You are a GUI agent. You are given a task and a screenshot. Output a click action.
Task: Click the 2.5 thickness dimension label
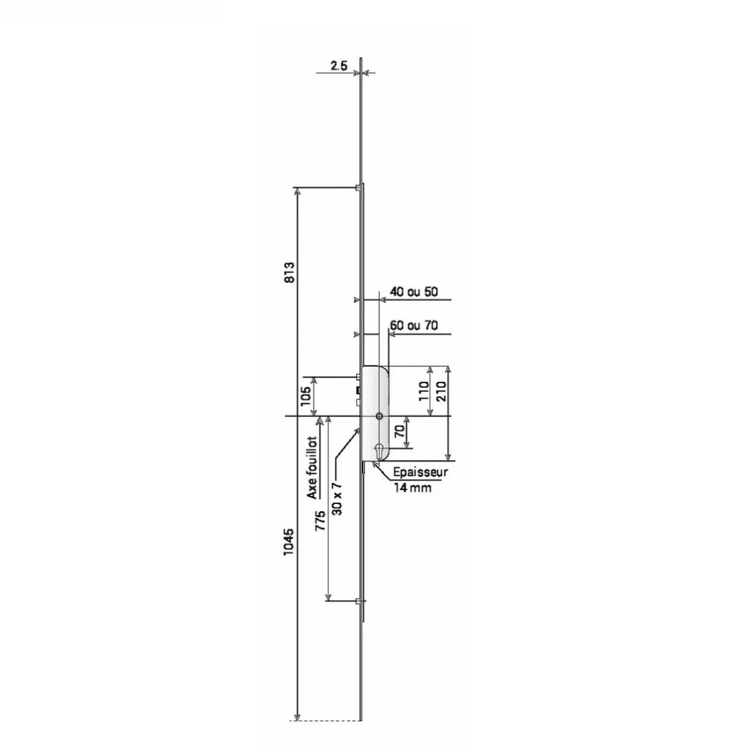pos(339,65)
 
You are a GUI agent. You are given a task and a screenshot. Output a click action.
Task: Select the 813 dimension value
pos(290,272)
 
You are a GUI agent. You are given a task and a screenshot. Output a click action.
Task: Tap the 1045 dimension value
pos(288,542)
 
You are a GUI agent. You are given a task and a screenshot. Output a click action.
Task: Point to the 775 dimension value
pos(320,521)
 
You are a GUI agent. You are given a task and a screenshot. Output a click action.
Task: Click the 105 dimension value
pos(306,396)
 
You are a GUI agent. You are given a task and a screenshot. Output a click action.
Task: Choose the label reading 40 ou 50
pos(414,291)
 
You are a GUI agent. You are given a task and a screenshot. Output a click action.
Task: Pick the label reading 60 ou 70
pos(414,325)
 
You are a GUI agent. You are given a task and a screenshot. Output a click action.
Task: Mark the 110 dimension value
pos(424,391)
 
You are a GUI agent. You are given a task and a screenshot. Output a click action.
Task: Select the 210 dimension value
pos(441,391)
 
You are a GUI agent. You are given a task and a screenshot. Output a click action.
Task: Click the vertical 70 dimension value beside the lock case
pos(400,432)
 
